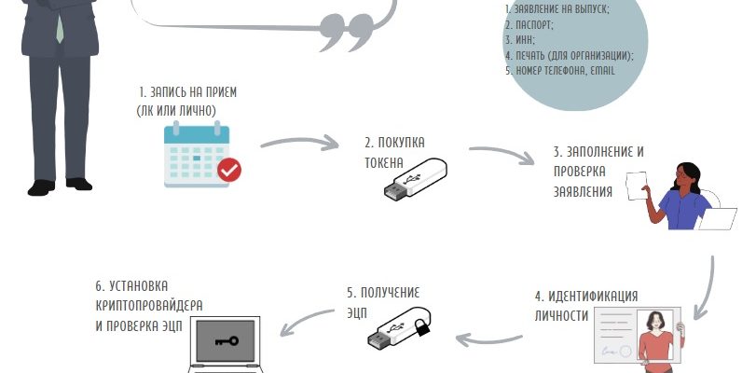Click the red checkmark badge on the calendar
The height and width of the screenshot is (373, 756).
tap(228, 170)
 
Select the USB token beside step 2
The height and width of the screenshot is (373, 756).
tap(415, 178)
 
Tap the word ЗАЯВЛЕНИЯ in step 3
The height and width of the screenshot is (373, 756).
tap(581, 192)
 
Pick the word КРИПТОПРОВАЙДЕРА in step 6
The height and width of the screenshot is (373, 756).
tap(148, 306)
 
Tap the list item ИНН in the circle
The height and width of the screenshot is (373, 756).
tap(518, 40)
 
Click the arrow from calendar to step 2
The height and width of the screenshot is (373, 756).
tap(298, 144)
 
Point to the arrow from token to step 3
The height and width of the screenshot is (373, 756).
tap(504, 154)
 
